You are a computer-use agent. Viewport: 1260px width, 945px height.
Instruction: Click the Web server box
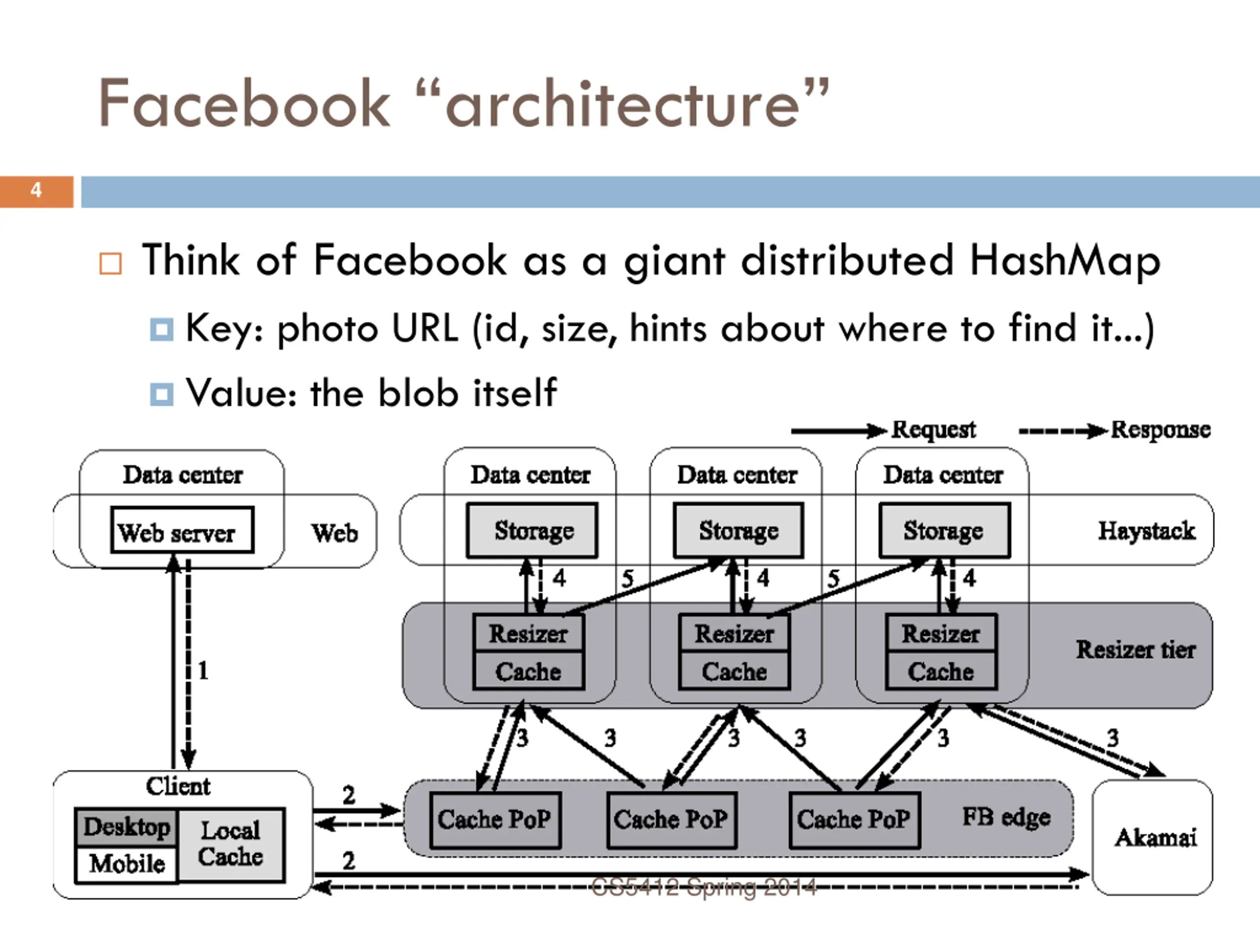tap(182, 530)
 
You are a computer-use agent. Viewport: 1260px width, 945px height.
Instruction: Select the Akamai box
tap(1152, 837)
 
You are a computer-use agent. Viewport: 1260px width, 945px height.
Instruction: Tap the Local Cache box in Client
tap(231, 845)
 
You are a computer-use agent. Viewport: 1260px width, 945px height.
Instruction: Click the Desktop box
tap(126, 826)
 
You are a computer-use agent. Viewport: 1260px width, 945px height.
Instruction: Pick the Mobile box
tap(126, 864)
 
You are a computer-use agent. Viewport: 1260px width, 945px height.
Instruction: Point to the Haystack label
tap(1146, 531)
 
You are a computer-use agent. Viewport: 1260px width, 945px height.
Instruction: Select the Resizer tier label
tap(1135, 649)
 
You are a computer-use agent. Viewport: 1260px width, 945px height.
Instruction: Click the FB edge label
tap(1006, 818)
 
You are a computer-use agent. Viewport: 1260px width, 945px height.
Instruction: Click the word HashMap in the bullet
tap(1065, 260)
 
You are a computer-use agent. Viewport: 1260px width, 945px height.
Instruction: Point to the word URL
tap(425, 328)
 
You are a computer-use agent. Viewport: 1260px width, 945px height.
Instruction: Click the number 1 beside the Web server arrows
tap(203, 670)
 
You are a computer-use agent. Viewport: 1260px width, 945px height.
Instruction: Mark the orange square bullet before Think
tap(111, 263)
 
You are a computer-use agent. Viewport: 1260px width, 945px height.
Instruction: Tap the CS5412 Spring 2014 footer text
tap(704, 887)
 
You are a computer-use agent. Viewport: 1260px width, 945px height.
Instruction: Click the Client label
tap(178, 786)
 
